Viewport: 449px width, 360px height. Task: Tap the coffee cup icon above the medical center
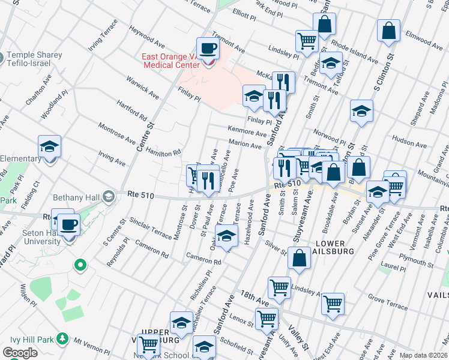pyautogui.click(x=208, y=49)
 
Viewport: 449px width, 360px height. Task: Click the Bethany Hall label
pyautogui.click(x=82, y=197)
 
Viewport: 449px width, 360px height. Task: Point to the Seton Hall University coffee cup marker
pyautogui.click(x=69, y=225)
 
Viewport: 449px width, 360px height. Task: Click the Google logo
pyautogui.click(x=20, y=353)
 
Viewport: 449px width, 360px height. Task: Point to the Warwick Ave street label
pyautogui.click(x=142, y=88)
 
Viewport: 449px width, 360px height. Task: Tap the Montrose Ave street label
pyautogui.click(x=117, y=131)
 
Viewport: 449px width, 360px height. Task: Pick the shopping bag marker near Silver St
pyautogui.click(x=299, y=258)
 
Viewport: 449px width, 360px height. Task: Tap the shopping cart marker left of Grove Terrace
pyautogui.click(x=333, y=304)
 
